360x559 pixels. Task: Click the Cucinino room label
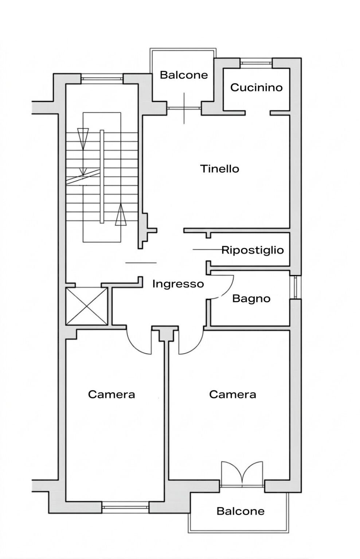(256, 87)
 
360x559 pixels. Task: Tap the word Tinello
(220, 169)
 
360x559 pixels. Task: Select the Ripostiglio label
(253, 250)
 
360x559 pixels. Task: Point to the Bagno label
(251, 299)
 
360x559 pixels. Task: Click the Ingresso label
(178, 284)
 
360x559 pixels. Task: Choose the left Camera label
(111, 394)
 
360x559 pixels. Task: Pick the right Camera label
(232, 394)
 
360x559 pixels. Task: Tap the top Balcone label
(184, 75)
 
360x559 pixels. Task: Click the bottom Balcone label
(240, 511)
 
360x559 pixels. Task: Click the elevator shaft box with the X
(86, 306)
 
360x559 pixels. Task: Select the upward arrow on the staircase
(120, 215)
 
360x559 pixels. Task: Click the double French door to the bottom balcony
(242, 473)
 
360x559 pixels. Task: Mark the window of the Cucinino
(256, 63)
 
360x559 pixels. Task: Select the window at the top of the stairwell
(102, 77)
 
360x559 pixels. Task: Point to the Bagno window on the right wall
(296, 287)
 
